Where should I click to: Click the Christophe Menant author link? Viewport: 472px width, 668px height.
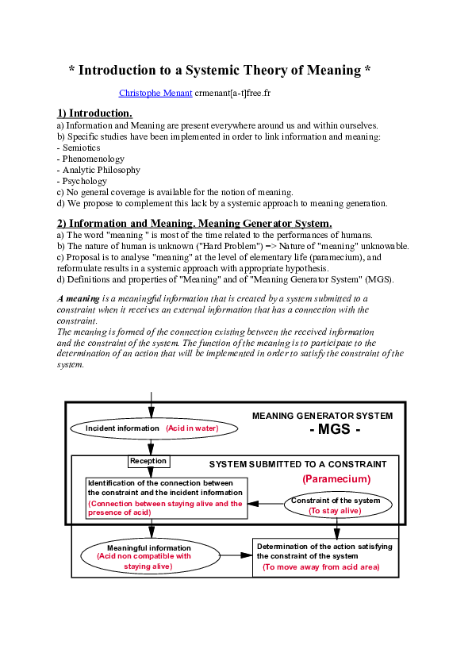(155, 93)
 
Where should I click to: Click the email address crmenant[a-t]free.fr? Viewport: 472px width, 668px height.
(232, 93)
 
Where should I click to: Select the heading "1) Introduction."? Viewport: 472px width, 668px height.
(94, 113)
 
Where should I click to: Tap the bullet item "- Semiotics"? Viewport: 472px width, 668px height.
(79, 148)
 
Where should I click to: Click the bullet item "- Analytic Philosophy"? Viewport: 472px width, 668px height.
(98, 170)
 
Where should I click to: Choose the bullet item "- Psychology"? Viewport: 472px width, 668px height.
(82, 181)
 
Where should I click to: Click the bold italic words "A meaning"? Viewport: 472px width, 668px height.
(78, 298)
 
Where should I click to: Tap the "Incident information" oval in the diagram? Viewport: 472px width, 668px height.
(123, 428)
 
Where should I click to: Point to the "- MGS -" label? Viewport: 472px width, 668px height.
(333, 430)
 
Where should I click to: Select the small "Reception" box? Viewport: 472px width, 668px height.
(148, 461)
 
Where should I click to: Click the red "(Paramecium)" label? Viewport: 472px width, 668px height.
(336, 479)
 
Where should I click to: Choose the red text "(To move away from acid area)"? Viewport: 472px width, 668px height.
(320, 567)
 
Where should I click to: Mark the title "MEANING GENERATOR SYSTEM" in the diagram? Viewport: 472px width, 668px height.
(322, 416)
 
